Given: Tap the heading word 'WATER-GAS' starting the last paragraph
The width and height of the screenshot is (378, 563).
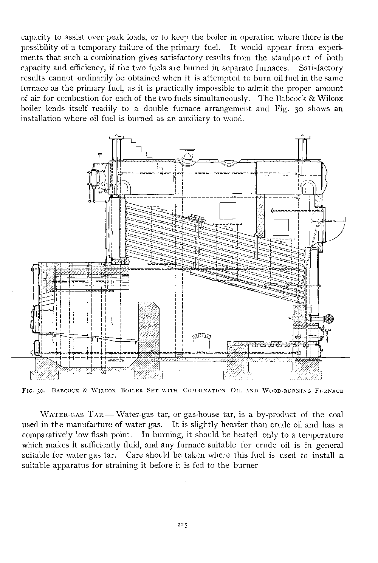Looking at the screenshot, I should (x=60, y=415).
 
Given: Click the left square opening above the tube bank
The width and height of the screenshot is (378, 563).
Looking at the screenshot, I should (x=228, y=211).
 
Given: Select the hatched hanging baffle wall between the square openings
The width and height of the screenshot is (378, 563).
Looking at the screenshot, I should (x=260, y=217).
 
